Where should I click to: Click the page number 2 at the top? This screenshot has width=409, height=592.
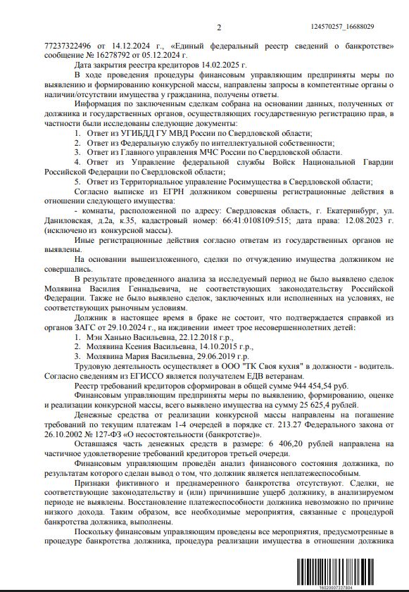pos(219,27)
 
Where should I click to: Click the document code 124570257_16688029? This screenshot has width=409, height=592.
pos(342,27)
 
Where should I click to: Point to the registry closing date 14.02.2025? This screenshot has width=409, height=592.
pos(222,64)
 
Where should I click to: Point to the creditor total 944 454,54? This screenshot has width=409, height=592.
pos(310,386)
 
